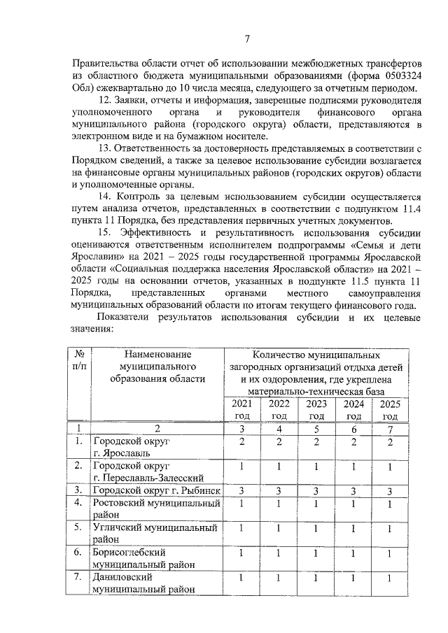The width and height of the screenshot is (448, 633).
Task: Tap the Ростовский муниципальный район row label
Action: [156, 508]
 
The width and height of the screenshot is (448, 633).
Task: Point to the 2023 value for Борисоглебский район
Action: [316, 553]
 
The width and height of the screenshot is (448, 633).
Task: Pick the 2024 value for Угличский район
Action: [353, 528]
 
